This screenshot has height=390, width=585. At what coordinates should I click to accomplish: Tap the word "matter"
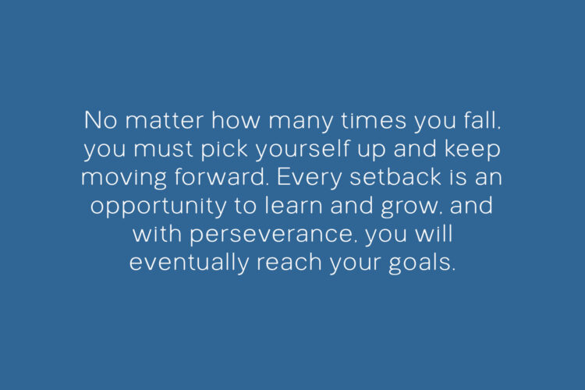pyautogui.click(x=164, y=120)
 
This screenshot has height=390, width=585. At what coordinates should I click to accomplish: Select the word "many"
pyautogui.click(x=300, y=122)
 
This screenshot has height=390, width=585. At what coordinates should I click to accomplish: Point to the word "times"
pyautogui.click(x=374, y=120)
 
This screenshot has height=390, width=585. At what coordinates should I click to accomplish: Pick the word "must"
pyautogui.click(x=164, y=149)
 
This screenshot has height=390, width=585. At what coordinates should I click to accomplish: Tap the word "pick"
pyautogui.click(x=225, y=150)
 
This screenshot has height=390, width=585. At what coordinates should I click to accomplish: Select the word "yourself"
pyautogui.click(x=303, y=150)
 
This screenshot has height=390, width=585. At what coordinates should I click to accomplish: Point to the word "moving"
pyautogui.click(x=123, y=179)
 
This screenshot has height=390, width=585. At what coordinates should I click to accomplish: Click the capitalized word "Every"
pyautogui.click(x=309, y=179)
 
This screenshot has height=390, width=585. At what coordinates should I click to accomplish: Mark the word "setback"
pyautogui.click(x=395, y=176)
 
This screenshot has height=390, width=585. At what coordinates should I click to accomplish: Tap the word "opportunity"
pyautogui.click(x=158, y=207)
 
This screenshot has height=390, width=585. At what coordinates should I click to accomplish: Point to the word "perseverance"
pyautogui.click(x=271, y=235)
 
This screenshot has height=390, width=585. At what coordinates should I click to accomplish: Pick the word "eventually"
pyautogui.click(x=189, y=263)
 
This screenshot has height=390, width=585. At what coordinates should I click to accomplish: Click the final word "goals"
pyautogui.click(x=422, y=263)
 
